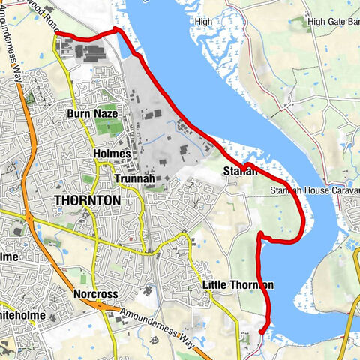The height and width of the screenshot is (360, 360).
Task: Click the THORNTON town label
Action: (87, 201)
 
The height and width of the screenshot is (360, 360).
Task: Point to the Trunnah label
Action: (135, 178)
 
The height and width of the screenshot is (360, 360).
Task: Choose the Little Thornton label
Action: (238, 285)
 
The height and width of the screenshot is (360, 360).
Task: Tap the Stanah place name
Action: (240, 172)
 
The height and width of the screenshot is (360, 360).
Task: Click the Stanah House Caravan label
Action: (315, 192)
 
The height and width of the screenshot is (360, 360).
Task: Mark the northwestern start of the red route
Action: (56, 32)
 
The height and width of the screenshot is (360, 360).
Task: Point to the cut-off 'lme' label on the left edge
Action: (9, 256)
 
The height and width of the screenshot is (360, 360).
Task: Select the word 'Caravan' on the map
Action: (344, 192)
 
